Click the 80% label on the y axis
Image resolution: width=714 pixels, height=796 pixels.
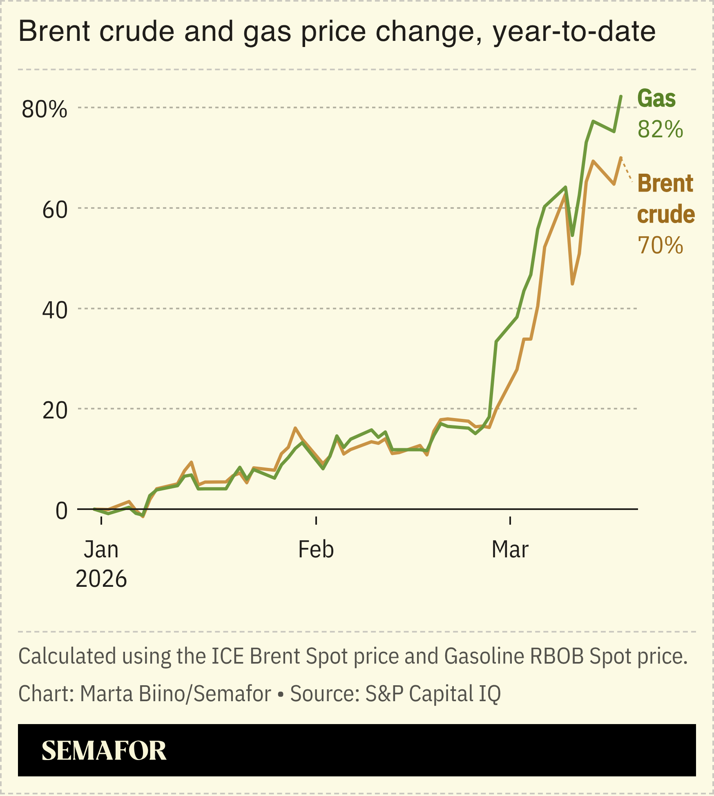[x=44, y=110]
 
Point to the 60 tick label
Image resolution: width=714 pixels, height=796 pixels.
[x=55, y=210]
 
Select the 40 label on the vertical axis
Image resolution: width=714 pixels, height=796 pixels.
[x=55, y=311]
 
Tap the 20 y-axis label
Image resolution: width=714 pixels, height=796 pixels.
[x=55, y=411]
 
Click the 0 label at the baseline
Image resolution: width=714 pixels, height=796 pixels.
[x=61, y=511]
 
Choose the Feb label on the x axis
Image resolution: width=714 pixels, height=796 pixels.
[x=316, y=550]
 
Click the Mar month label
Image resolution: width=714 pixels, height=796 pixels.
[x=510, y=550]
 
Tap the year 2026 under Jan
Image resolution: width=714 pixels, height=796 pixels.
[x=101, y=579]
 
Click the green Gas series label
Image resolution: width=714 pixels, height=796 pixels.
[x=656, y=99]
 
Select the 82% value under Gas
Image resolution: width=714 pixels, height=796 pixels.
[x=660, y=130]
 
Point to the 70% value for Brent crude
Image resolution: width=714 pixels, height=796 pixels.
[x=660, y=246]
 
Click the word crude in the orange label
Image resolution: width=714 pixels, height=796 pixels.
[x=666, y=215]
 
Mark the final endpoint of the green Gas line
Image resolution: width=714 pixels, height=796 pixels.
[x=621, y=96]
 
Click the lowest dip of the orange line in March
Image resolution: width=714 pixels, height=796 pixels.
[x=572, y=284]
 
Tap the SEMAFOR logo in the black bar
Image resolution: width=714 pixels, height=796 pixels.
[x=104, y=751]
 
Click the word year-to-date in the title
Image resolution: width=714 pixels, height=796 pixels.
[x=574, y=32]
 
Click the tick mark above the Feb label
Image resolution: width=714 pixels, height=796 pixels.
[x=316, y=520]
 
